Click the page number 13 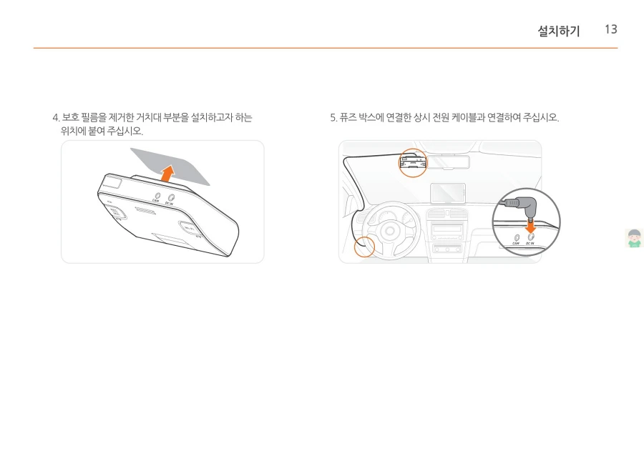click(610, 29)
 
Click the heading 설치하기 click(559, 31)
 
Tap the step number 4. click(54, 117)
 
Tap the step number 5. click(333, 117)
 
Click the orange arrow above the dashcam click(167, 172)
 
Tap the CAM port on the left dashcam click(157, 196)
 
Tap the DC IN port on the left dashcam click(171, 197)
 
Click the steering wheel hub click(390, 231)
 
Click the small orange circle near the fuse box click(365, 247)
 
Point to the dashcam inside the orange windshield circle click(413, 164)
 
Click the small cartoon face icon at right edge click(634, 238)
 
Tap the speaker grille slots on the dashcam click(146, 212)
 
